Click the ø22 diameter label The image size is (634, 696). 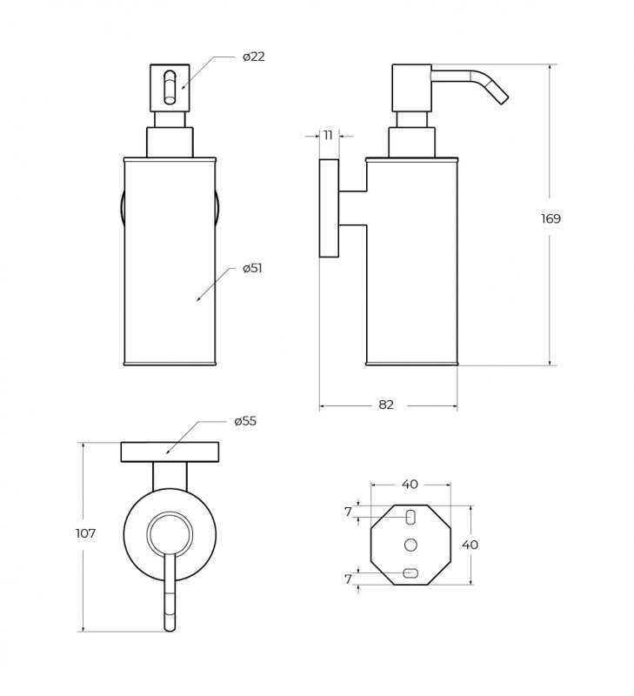(x=254, y=57)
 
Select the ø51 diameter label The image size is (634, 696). (x=252, y=268)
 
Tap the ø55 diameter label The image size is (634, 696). (x=245, y=421)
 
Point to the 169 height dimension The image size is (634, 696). (x=551, y=218)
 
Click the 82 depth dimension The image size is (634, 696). (x=386, y=405)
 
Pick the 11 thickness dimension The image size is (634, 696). (x=328, y=135)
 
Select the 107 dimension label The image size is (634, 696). (x=85, y=533)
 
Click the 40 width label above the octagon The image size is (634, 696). (x=410, y=485)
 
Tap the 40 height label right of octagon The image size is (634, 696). (x=470, y=545)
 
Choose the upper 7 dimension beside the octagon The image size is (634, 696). (x=348, y=512)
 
